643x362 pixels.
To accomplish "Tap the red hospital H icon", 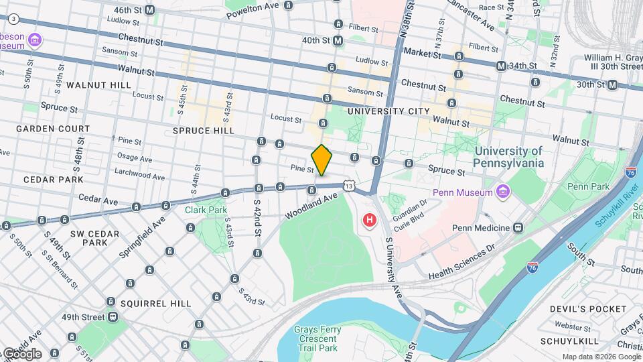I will click(x=368, y=219).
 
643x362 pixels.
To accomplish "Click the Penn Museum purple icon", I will click(x=503, y=193).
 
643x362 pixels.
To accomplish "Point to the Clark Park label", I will click(x=206, y=210).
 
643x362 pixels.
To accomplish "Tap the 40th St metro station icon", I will click(x=338, y=40).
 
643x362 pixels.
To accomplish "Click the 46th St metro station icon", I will click(x=149, y=10).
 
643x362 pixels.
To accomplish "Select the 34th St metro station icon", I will click(x=501, y=66).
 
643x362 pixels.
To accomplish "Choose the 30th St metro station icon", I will click(x=612, y=84).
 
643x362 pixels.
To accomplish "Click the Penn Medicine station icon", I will click(x=518, y=227).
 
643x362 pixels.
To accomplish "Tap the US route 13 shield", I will click(x=346, y=185).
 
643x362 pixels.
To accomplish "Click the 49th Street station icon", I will click(x=113, y=316).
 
